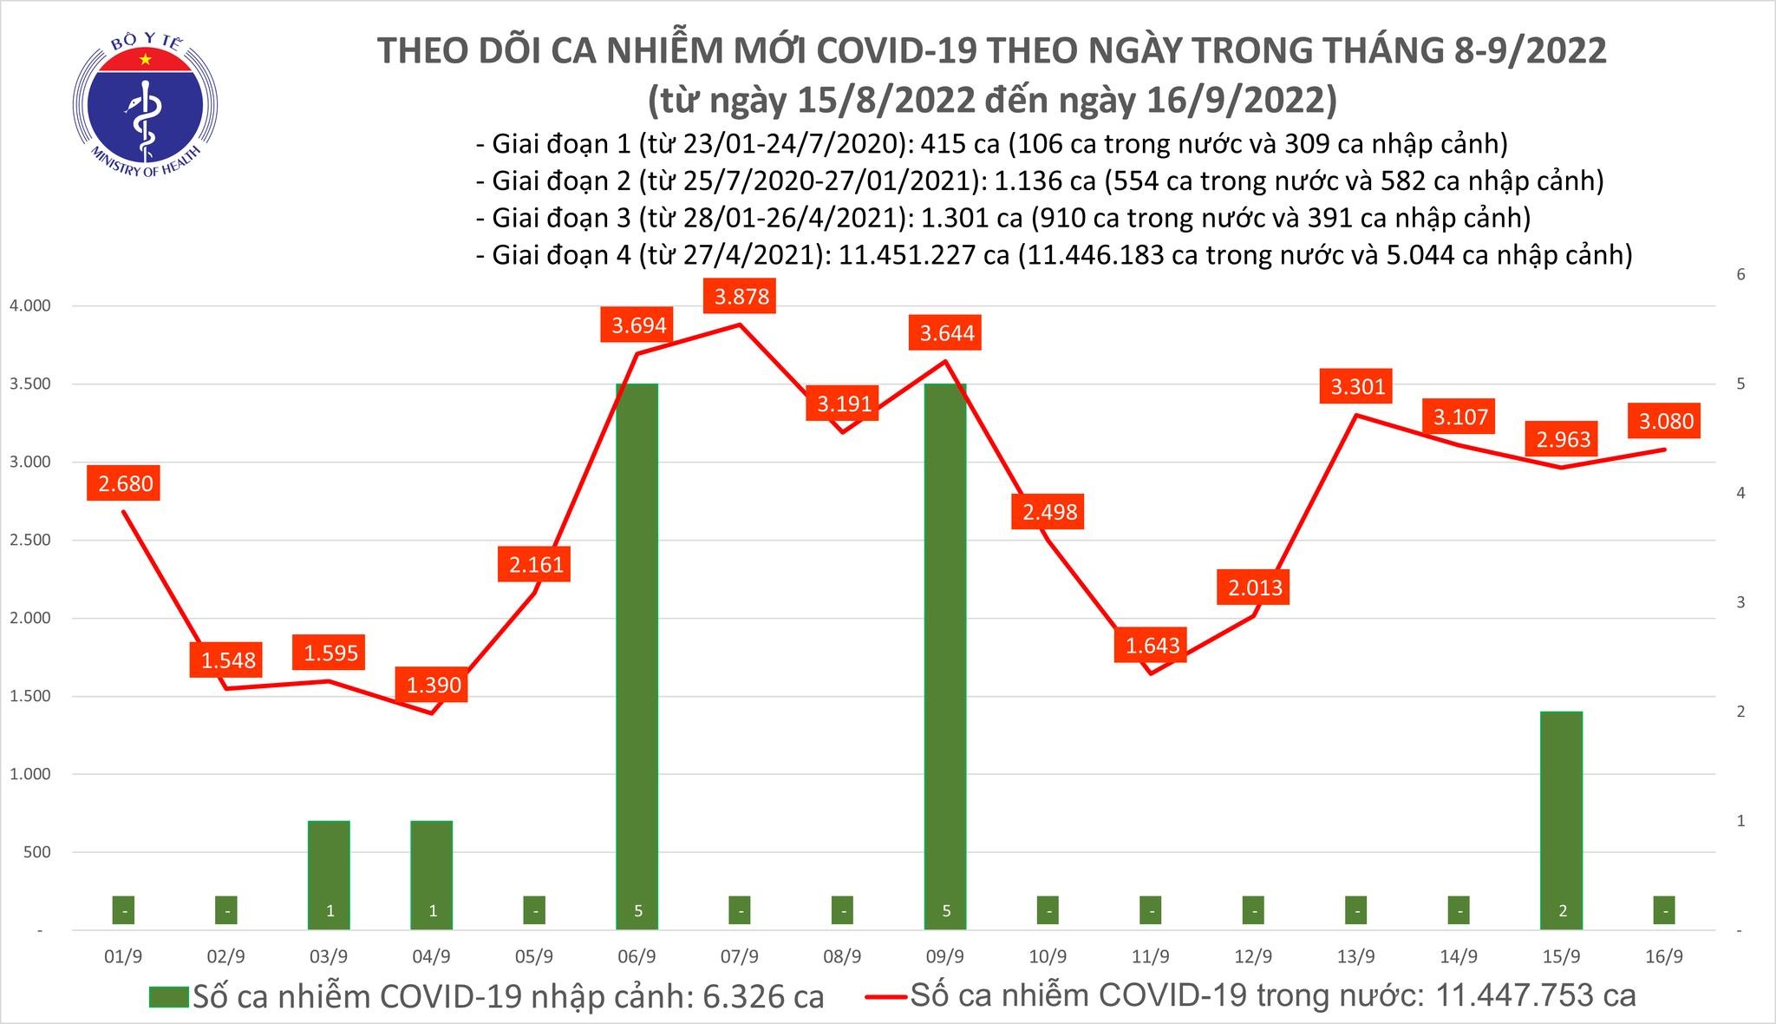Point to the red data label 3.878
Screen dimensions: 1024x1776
click(x=741, y=297)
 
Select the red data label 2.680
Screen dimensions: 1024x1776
click(x=126, y=483)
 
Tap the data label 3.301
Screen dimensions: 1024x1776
click(x=1357, y=386)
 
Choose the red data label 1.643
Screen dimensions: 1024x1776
click(x=1152, y=646)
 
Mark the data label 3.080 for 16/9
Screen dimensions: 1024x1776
click(x=1665, y=422)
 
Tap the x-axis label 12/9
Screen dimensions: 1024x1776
click(x=1253, y=957)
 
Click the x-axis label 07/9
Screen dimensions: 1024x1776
click(x=740, y=957)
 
